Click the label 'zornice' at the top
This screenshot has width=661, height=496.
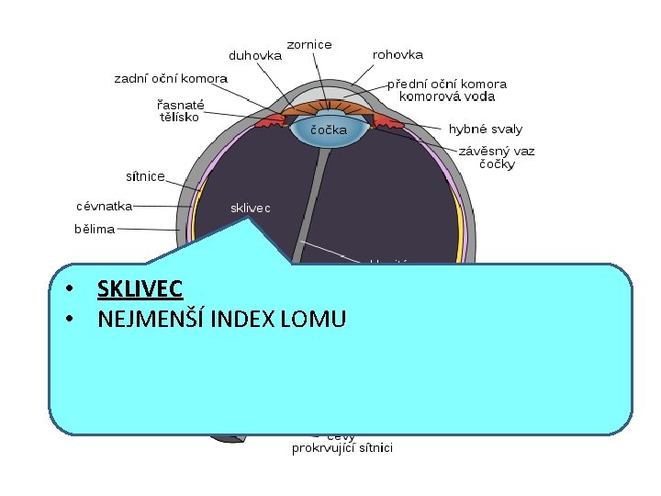(x=309, y=44)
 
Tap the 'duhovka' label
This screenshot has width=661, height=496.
(x=255, y=55)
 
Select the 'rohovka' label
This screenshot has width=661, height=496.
(x=398, y=55)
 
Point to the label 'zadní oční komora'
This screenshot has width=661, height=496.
(x=171, y=79)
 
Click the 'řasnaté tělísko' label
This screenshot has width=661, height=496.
(x=180, y=110)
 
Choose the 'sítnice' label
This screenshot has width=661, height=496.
(x=145, y=175)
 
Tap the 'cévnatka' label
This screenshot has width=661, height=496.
(x=105, y=207)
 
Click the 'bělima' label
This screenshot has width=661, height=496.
(x=95, y=229)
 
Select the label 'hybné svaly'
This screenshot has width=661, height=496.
(x=486, y=130)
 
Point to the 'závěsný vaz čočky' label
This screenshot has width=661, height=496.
(x=497, y=157)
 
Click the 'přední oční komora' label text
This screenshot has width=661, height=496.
(x=446, y=84)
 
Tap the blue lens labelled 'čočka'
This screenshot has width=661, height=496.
(x=328, y=131)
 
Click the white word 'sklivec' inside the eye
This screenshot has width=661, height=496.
(x=250, y=209)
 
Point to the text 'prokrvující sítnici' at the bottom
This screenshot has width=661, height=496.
(x=342, y=448)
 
